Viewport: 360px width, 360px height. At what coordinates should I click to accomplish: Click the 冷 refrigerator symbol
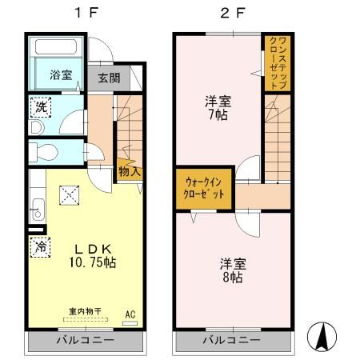[39, 247]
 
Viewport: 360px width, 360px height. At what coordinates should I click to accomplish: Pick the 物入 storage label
[129, 170]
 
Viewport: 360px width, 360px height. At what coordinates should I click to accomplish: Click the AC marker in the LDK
[131, 314]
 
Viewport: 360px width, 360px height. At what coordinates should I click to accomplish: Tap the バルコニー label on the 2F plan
[231, 340]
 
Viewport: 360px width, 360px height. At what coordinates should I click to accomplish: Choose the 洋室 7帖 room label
[218, 108]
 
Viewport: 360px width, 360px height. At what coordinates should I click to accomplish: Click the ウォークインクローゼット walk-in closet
[205, 189]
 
